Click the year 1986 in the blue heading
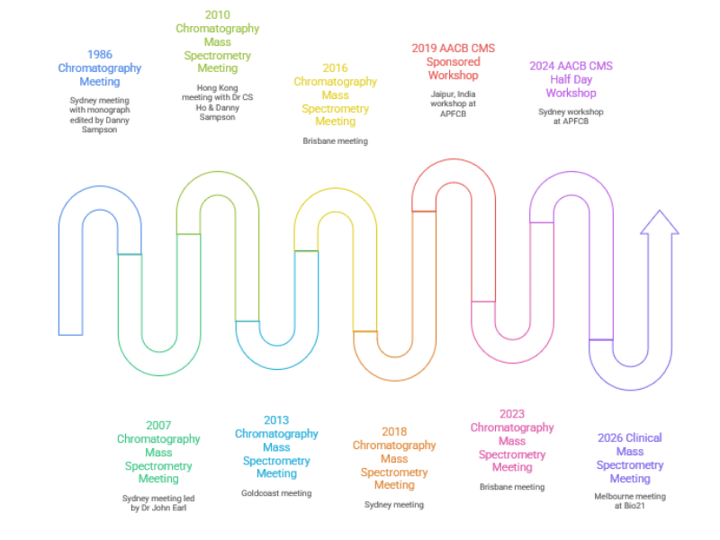point(100,55)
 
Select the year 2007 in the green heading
point(158,426)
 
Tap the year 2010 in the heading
point(218,15)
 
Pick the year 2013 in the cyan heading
point(276,420)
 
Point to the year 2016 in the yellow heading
point(335,68)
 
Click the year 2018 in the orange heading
point(394,432)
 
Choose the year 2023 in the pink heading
point(512,414)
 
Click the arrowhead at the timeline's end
point(660,222)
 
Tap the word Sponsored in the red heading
point(454,62)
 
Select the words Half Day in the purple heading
point(571,80)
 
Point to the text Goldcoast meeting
point(276,493)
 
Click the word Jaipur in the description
point(442,94)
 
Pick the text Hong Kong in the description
point(218,87)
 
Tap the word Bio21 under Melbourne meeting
point(634,506)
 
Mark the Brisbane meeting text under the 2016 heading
point(335,141)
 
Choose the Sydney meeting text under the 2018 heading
point(394,505)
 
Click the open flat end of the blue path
point(71,335)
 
